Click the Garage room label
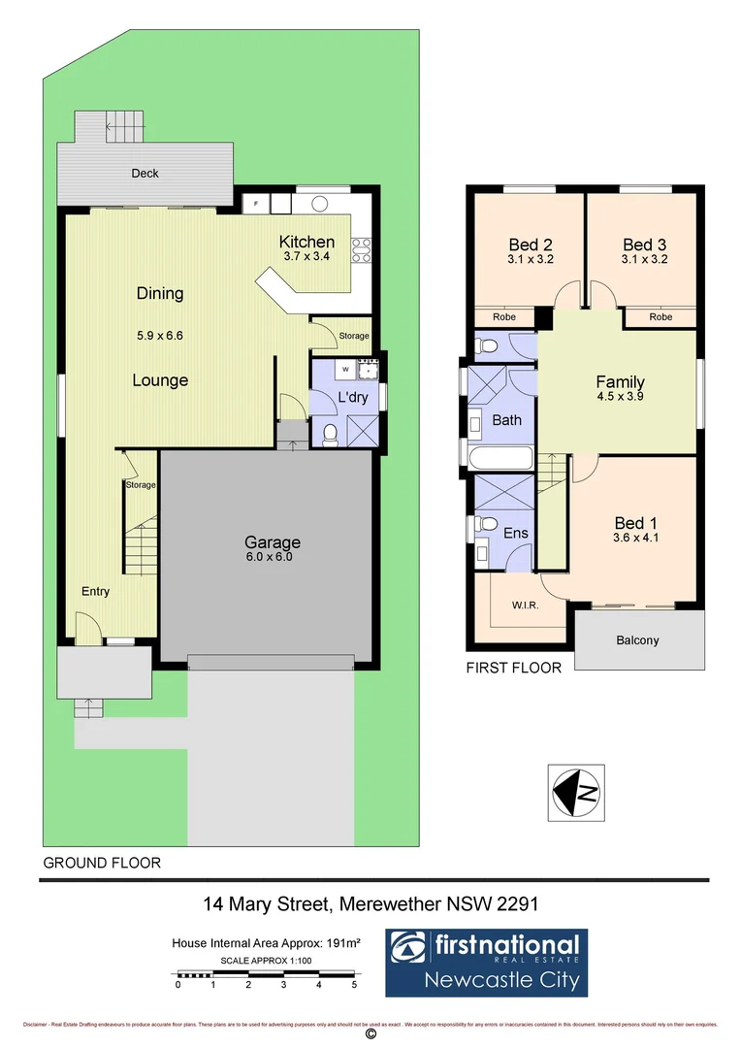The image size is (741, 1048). tap(272, 542)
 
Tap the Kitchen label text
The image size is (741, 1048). tap(306, 243)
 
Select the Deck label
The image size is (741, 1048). tap(145, 174)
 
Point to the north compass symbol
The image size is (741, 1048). tap(575, 794)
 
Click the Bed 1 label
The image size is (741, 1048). tap(635, 524)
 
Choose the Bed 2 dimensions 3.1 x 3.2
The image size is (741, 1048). tap(530, 260)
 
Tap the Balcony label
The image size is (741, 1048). tap(637, 640)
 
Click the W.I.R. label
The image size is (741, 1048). tap(525, 606)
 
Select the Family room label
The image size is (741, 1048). tap(620, 382)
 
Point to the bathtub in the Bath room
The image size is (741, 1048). tap(499, 457)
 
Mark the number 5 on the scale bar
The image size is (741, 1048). tap(354, 984)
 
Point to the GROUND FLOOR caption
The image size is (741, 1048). tap(102, 862)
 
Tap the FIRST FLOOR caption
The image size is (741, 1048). tap(513, 668)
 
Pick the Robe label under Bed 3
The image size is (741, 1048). tap(660, 317)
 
